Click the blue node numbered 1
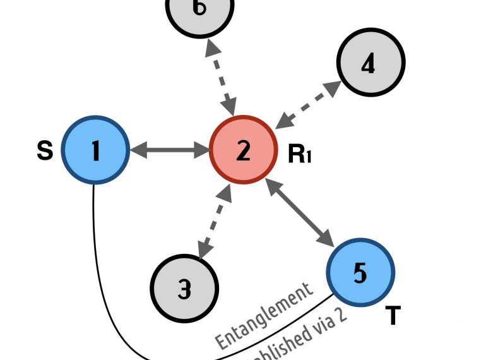tap(95, 150)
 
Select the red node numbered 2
tap(243, 150)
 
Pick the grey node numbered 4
tap(370, 63)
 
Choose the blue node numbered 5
tap(360, 272)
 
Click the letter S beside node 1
tap(44, 152)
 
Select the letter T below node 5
tap(393, 315)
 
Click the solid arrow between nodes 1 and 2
tap(169, 150)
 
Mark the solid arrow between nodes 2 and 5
tap(300, 213)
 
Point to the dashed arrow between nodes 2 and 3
tap(214, 221)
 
